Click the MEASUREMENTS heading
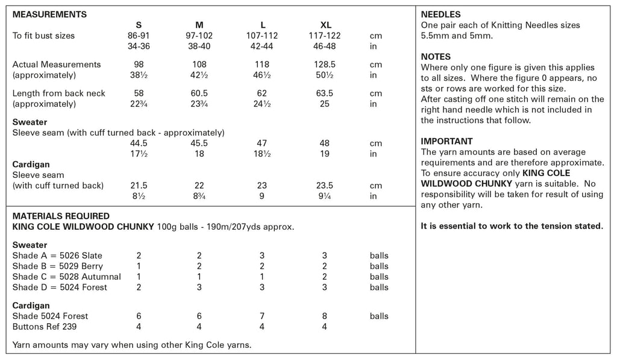pos(49,14)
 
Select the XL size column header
pos(325,25)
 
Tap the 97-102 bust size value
pos(199,36)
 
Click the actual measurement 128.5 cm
pos(325,65)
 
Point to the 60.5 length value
pos(199,93)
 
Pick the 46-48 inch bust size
pos(325,46)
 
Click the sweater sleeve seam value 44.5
pos(139,144)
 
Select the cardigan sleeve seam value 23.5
pos(325,186)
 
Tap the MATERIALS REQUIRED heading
pos(61,216)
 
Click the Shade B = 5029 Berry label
pos(57,266)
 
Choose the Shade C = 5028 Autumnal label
pos(66,277)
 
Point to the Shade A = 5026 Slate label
pos(57,256)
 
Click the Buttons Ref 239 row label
pos(45,327)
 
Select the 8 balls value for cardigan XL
pos(325,316)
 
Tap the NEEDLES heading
pos(441,14)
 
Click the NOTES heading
pos(436,57)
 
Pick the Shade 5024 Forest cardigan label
pos(50,316)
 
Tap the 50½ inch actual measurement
pos(325,75)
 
